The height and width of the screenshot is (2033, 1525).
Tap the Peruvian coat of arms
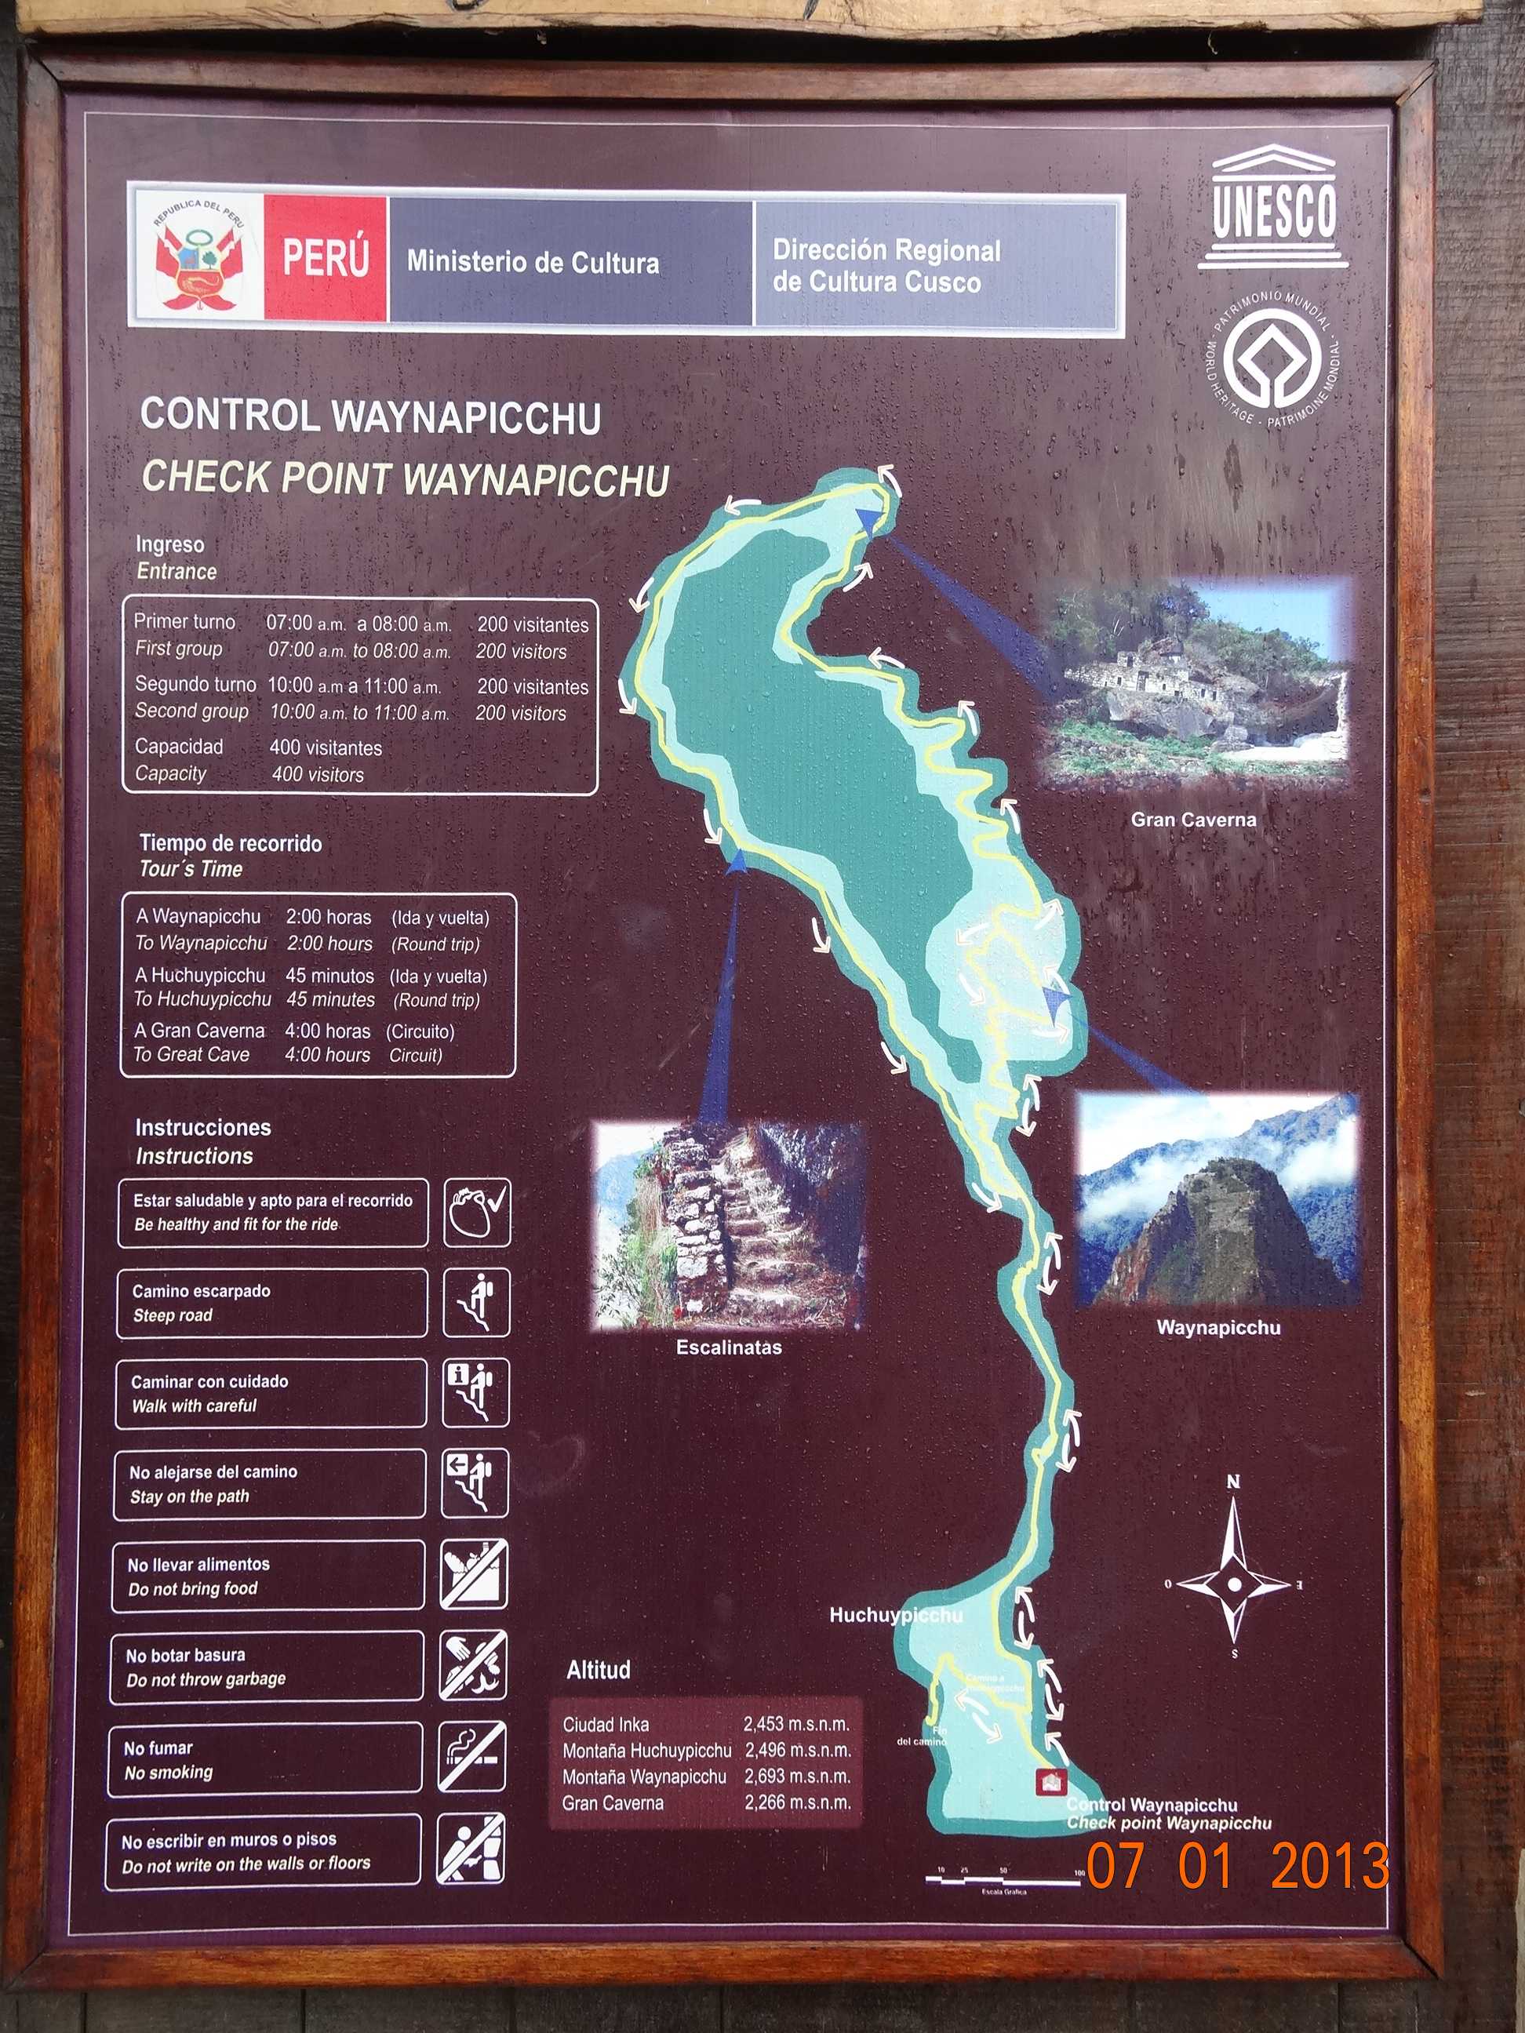coord(198,258)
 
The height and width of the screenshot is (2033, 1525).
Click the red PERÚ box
coord(326,258)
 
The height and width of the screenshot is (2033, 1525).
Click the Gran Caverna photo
coord(1194,681)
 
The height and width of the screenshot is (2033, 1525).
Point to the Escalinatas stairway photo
coord(729,1226)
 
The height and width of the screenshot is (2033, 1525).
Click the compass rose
coord(1234,1584)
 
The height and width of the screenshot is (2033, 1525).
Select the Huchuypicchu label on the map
coord(895,1616)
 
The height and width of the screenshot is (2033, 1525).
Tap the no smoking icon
coord(472,1756)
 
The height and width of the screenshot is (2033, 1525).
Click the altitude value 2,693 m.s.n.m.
coord(797,1777)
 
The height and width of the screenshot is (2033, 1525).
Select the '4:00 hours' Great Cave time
coord(327,1055)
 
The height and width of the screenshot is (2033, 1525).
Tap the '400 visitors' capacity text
coord(318,775)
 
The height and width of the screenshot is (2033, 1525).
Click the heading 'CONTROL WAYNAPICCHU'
coord(371,416)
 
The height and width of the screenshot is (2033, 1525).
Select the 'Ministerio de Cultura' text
coord(533,263)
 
